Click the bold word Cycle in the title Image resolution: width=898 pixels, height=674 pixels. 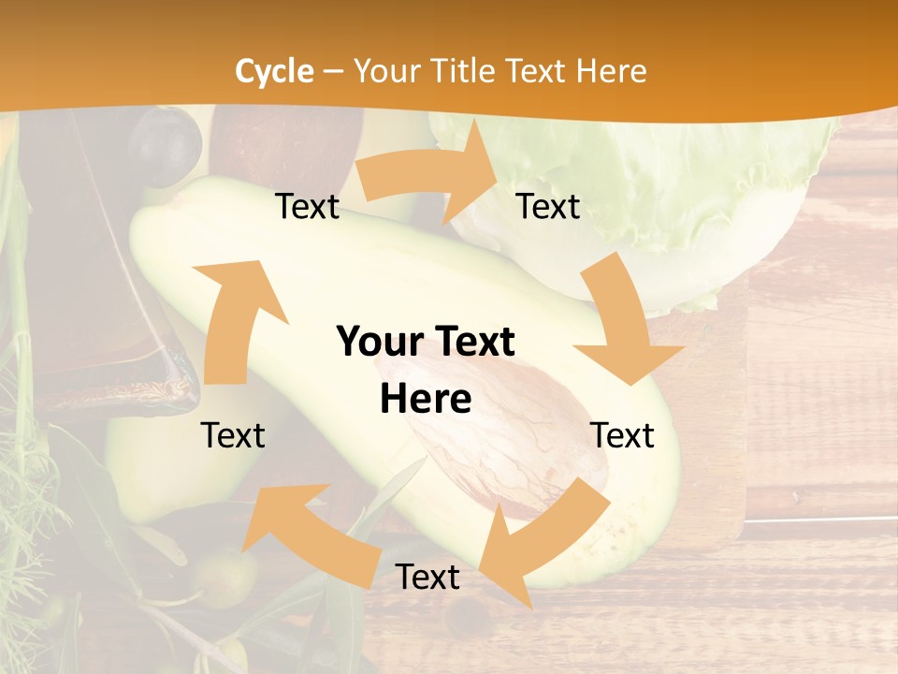[x=274, y=71]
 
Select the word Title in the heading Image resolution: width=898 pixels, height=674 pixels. [x=463, y=71]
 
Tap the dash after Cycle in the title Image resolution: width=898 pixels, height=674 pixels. [x=332, y=72]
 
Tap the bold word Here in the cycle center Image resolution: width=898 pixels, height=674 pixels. [x=426, y=400]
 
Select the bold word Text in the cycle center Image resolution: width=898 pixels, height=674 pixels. [x=473, y=343]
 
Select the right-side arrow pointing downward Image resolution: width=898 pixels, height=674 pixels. [x=623, y=328]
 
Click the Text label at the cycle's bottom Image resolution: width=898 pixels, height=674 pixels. [x=427, y=577]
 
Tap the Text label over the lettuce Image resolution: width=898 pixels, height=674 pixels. [x=548, y=207]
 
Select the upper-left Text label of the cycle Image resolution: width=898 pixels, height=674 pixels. [x=307, y=207]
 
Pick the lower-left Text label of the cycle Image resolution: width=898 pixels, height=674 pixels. [x=233, y=435]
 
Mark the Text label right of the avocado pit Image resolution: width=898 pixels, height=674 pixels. [x=622, y=435]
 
